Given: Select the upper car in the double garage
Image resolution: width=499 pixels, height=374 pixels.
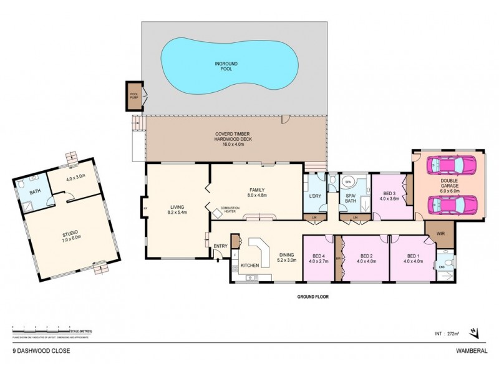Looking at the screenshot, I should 451,166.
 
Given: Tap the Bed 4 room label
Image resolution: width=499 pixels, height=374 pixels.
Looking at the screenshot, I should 319,257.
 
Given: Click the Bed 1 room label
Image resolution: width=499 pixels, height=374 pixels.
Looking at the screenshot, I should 412,257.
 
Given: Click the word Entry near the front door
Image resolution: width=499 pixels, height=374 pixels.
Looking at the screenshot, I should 220,246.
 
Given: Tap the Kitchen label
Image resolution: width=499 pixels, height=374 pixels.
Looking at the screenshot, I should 249,266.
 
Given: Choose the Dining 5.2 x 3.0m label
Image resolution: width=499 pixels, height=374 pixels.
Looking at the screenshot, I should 288,257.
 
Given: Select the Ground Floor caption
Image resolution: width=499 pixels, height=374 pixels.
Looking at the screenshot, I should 312,297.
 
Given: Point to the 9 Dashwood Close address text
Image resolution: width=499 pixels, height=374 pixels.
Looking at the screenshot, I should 41,351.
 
